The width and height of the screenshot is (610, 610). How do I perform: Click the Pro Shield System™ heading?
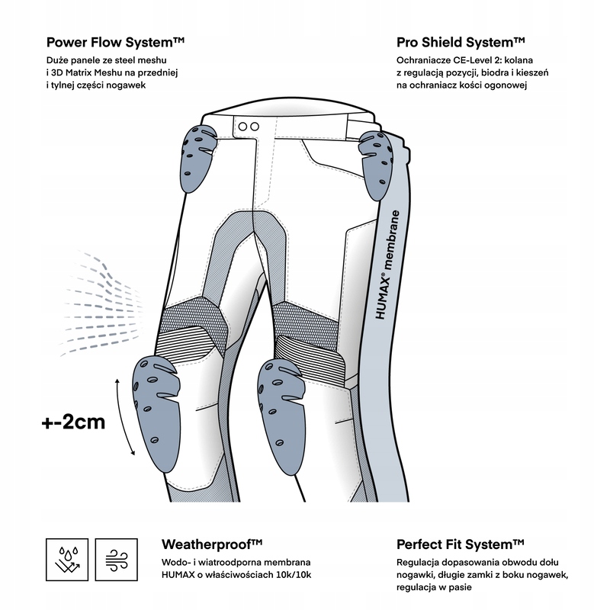[461, 40]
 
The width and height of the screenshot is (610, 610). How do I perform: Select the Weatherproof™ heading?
[212, 544]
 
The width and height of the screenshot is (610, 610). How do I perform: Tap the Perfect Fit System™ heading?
[460, 544]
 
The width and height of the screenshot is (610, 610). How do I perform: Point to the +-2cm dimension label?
[73, 422]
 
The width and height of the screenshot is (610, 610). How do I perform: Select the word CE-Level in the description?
[477, 59]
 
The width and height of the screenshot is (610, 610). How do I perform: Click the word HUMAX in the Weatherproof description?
[179, 576]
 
